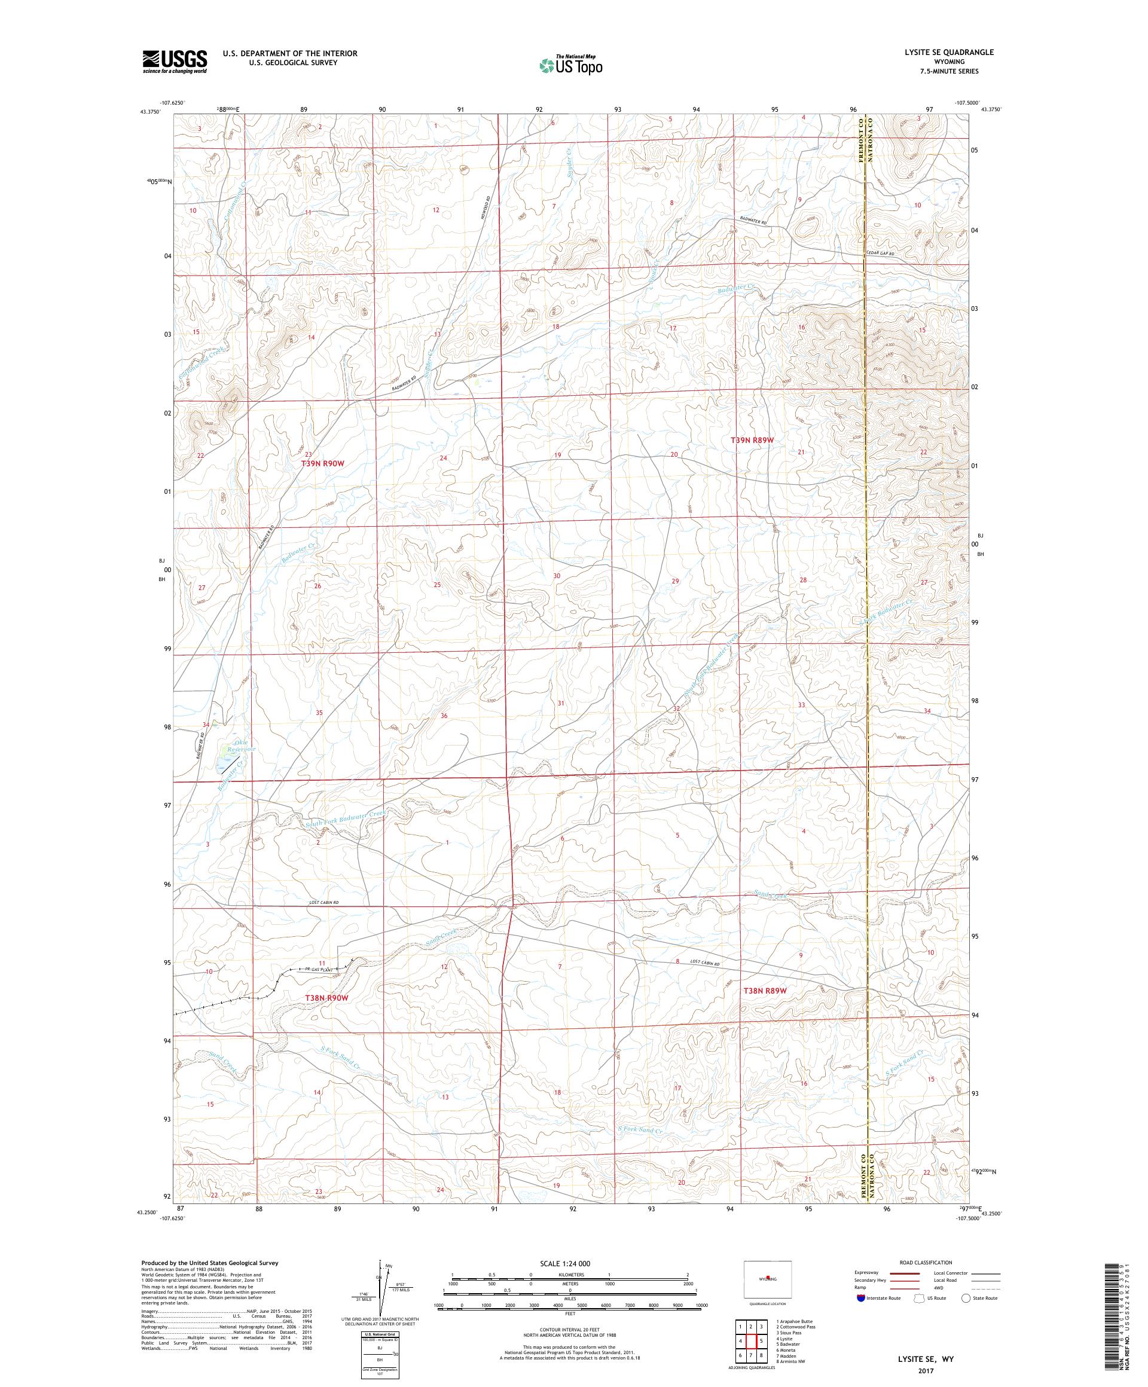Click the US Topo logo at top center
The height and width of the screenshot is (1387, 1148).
(x=572, y=65)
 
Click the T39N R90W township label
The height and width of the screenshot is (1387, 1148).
(x=323, y=464)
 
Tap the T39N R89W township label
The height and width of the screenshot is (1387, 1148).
(x=752, y=440)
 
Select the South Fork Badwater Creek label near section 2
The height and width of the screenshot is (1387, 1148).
(x=345, y=820)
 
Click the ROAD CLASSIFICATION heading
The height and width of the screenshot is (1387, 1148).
(x=925, y=1262)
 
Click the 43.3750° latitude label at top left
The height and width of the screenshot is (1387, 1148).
(x=150, y=112)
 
